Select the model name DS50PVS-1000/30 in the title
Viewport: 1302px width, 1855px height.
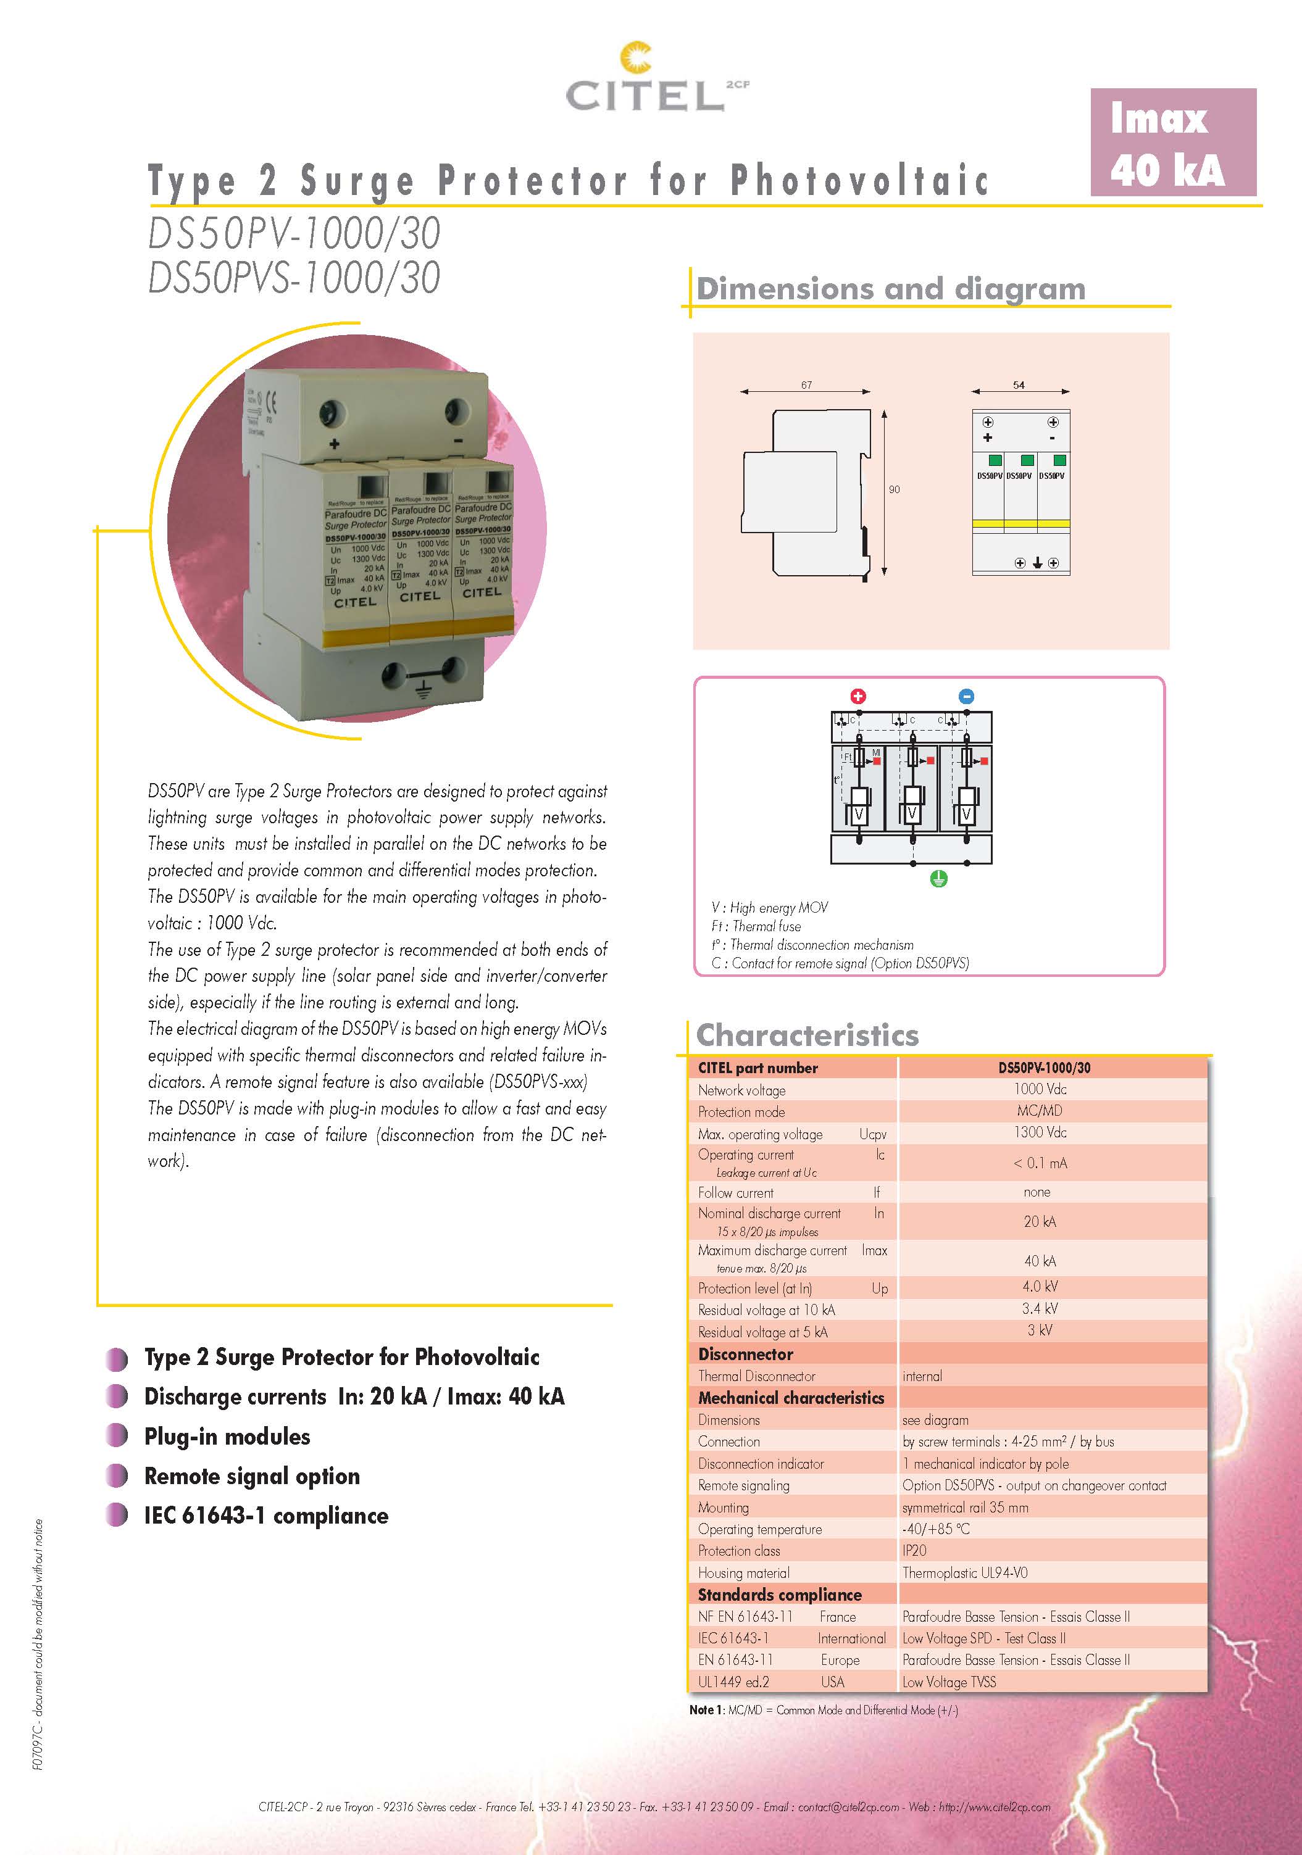294,277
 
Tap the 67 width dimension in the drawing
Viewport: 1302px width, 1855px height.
806,384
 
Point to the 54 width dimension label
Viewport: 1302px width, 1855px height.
1018,384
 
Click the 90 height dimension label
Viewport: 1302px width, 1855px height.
894,489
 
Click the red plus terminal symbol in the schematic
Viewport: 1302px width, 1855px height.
858,695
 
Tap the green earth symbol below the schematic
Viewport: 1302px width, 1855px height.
938,879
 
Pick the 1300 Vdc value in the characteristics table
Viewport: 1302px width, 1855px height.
1040,1132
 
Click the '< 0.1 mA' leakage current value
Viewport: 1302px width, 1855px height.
1040,1163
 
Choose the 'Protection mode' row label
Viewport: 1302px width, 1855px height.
741,1112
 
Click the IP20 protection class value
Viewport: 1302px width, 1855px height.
914,1550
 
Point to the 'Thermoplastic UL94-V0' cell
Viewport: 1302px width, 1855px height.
965,1572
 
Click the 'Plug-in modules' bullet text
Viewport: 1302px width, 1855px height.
227,1437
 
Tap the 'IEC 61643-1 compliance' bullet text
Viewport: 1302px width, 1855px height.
266,1516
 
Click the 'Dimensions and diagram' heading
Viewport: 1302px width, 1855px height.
891,288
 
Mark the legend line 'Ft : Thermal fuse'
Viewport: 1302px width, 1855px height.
756,926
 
